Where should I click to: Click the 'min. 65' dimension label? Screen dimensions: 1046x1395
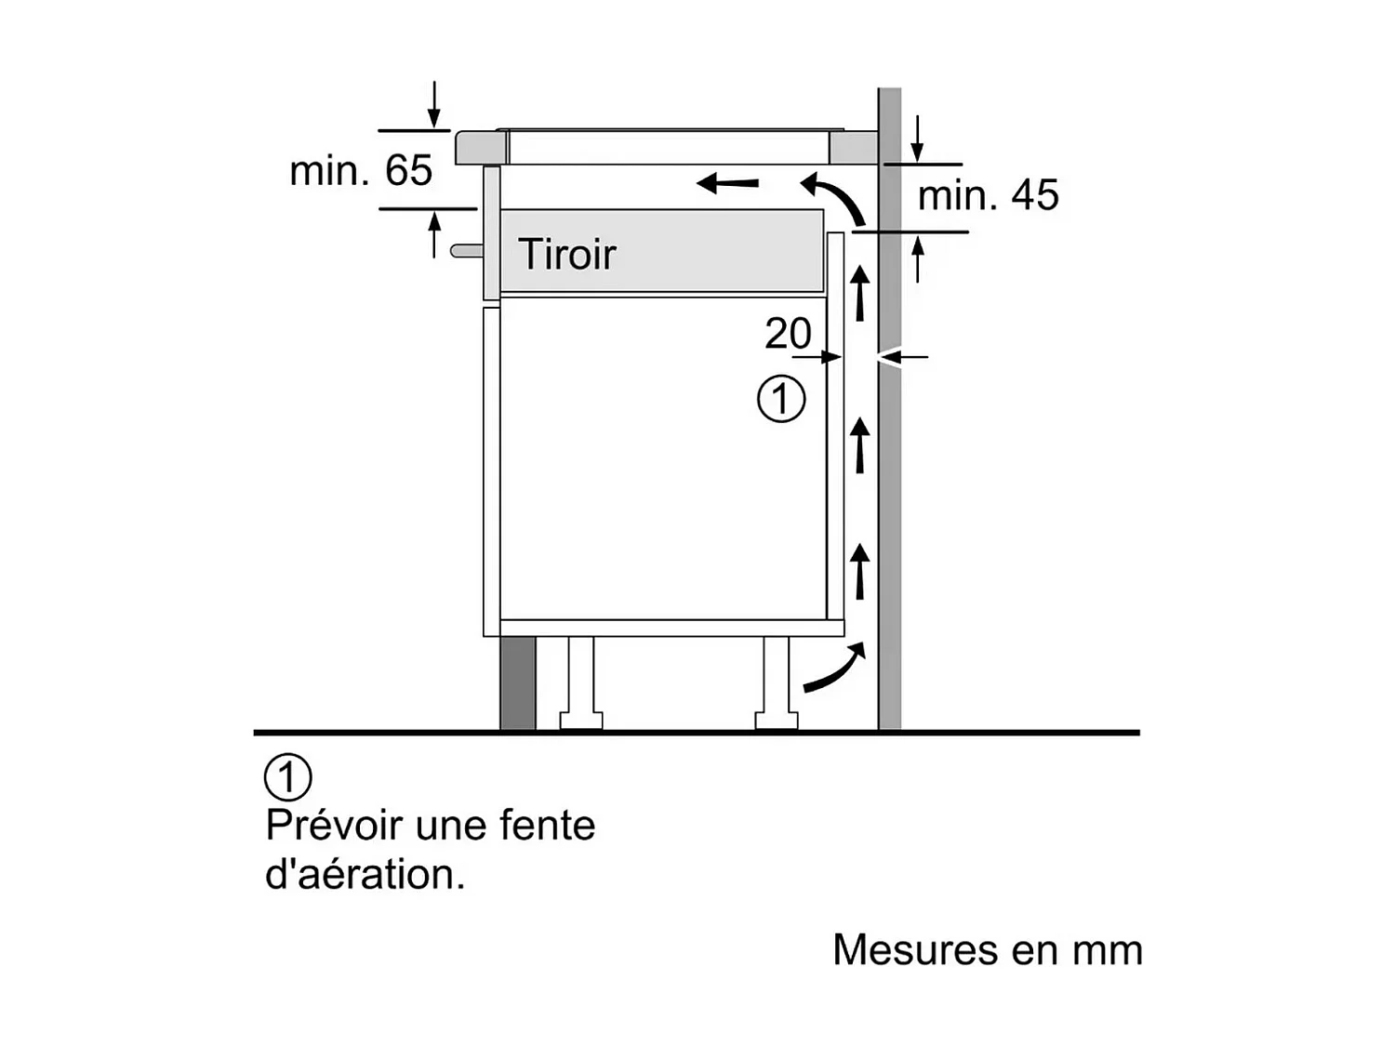click(x=361, y=171)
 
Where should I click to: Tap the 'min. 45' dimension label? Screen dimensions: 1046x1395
click(x=988, y=195)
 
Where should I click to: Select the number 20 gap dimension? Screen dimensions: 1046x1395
click(x=788, y=334)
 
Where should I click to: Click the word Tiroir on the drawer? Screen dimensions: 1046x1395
click(x=566, y=254)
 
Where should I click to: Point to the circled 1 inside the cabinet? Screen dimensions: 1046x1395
click(x=781, y=400)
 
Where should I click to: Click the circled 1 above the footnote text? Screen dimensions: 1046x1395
click(x=288, y=777)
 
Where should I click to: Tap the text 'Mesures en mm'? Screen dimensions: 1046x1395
click(x=987, y=950)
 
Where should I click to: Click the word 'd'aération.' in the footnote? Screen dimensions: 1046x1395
click(x=365, y=875)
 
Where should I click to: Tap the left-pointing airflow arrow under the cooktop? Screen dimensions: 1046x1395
click(x=728, y=182)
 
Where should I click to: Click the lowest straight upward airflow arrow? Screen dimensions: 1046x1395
click(x=860, y=571)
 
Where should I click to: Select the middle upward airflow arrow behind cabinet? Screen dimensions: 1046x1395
click(x=860, y=444)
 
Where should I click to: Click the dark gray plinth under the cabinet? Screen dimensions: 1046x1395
click(x=518, y=683)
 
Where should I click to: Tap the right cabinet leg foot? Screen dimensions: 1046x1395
click(x=777, y=720)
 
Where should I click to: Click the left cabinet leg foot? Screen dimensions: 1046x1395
click(x=581, y=720)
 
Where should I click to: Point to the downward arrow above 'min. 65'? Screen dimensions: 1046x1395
click(x=434, y=105)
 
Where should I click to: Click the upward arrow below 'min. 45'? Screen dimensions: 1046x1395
click(x=918, y=258)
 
